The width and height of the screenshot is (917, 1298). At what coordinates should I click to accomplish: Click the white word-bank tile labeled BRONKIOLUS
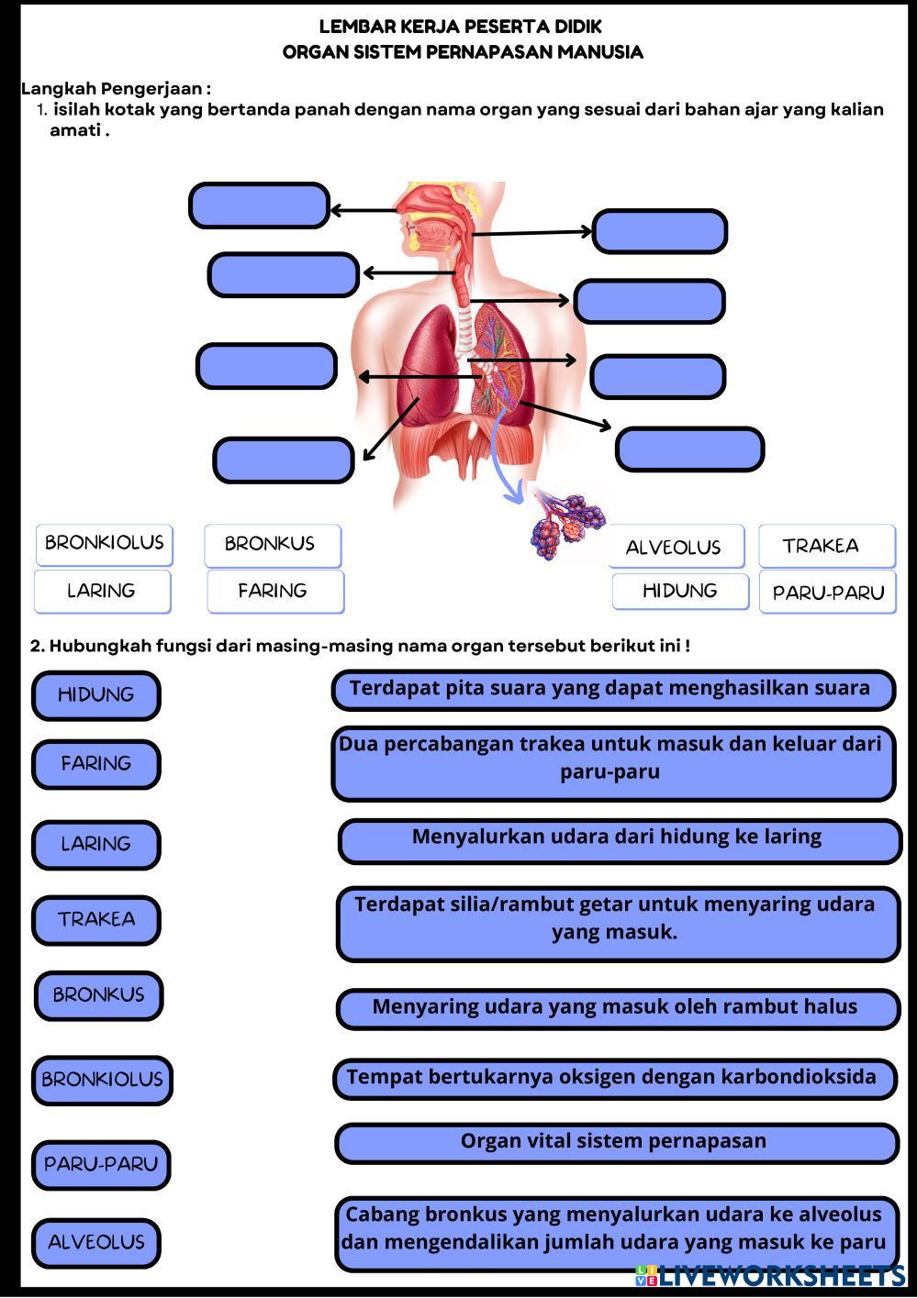[x=104, y=543]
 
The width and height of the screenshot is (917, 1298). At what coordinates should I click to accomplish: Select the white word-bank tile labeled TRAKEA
[x=826, y=546]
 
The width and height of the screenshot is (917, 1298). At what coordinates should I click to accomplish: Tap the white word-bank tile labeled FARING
[x=274, y=591]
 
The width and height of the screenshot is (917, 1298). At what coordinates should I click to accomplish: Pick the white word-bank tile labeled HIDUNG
[x=679, y=591]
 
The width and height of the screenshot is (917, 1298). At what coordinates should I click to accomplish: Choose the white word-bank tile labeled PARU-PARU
[x=827, y=592]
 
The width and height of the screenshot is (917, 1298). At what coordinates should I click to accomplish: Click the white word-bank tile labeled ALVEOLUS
[x=674, y=548]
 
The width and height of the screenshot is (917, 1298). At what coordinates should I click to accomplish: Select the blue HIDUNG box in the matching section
[x=95, y=695]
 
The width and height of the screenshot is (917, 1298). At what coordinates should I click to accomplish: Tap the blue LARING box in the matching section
[x=95, y=844]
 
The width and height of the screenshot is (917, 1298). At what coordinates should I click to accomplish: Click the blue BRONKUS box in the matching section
[x=98, y=995]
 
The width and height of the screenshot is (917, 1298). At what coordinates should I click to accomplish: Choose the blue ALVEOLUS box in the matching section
[x=95, y=1243]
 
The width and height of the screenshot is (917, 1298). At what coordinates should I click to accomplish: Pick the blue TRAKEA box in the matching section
[x=95, y=919]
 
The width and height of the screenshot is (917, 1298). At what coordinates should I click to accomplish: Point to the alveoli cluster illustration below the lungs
[x=567, y=525]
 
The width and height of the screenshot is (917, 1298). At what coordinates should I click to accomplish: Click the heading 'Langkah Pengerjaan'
[x=116, y=89]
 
